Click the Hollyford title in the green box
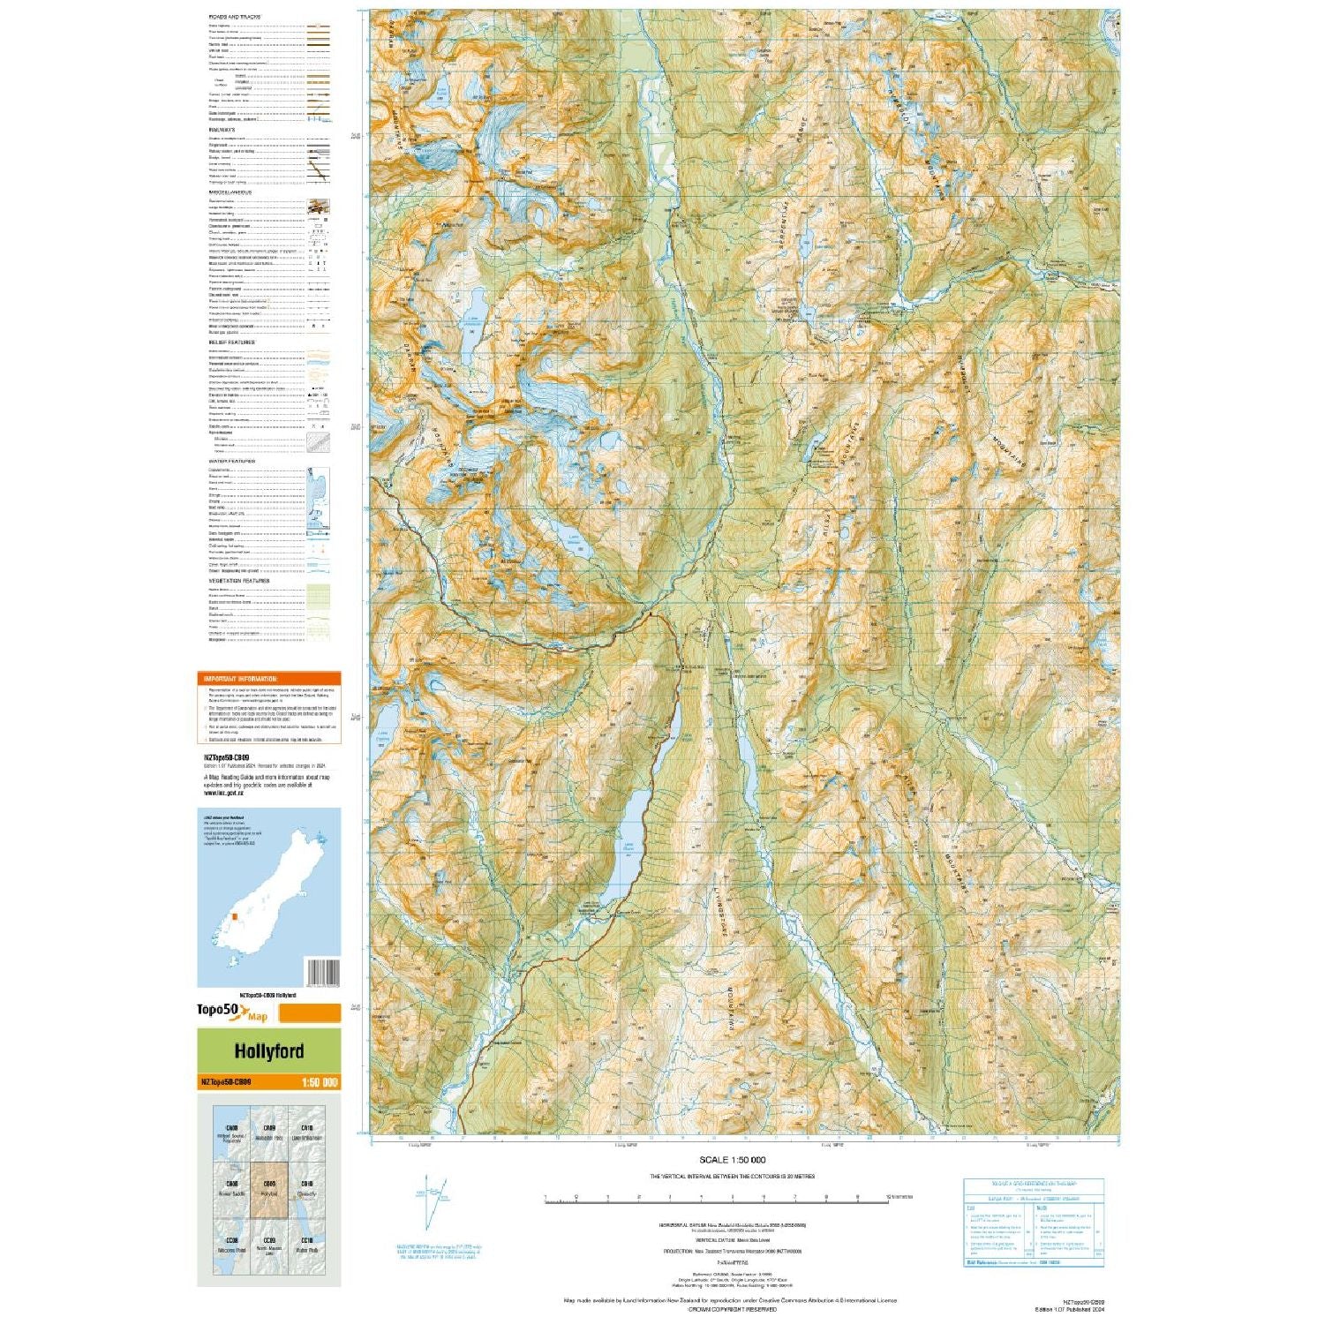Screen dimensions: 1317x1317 pyautogui.click(x=268, y=1051)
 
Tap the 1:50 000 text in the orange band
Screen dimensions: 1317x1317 pyautogui.click(x=319, y=1082)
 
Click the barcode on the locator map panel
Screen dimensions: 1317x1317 pyautogui.click(x=321, y=972)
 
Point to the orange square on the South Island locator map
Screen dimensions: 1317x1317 pyautogui.click(x=235, y=917)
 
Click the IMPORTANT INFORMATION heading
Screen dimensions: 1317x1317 pyautogui.click(x=240, y=679)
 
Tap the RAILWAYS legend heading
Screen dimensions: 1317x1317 pyautogui.click(x=222, y=130)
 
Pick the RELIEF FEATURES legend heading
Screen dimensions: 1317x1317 pyautogui.click(x=231, y=342)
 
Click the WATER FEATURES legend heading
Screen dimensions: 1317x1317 pyautogui.click(x=231, y=462)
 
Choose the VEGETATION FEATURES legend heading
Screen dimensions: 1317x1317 pyautogui.click(x=238, y=581)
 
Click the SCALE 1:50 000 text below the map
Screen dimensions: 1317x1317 pyautogui.click(x=732, y=1160)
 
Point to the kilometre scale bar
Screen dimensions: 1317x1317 pyautogui.click(x=715, y=1199)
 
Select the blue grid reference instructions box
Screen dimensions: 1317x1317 pyautogui.click(x=1033, y=1223)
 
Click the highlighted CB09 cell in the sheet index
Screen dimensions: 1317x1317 pyautogui.click(x=268, y=1189)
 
